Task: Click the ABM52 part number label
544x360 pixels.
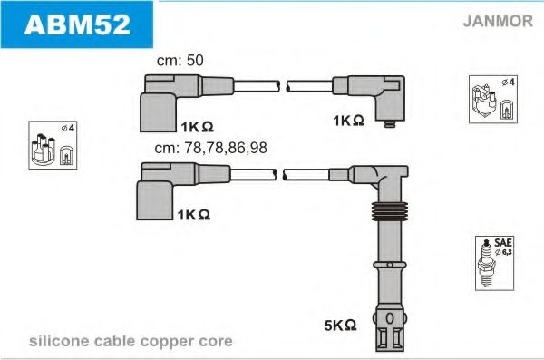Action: click(x=77, y=24)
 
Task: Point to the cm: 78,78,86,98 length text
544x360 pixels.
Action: click(x=210, y=149)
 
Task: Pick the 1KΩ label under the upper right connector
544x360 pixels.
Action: click(x=347, y=121)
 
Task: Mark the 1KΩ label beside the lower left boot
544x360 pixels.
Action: click(x=194, y=215)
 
